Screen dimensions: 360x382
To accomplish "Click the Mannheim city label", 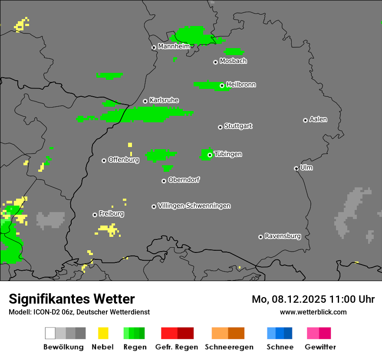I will pyautogui.click(x=174, y=46).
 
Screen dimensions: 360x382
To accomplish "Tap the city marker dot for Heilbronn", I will pyautogui.click(x=222, y=85).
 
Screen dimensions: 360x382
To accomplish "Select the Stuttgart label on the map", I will pyautogui.click(x=238, y=126).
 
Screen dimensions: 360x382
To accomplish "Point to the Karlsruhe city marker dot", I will pyautogui.click(x=145, y=101).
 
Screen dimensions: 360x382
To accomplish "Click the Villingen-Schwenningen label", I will pyautogui.click(x=194, y=206).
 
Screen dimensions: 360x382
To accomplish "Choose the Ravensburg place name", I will pyautogui.click(x=283, y=236).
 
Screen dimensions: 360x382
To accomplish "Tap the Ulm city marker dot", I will pyautogui.click(x=296, y=168).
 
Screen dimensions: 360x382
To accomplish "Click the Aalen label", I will pyautogui.click(x=318, y=119).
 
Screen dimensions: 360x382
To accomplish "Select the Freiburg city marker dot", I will pyautogui.click(x=95, y=215).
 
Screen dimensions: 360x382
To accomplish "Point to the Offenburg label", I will pyautogui.click(x=123, y=160).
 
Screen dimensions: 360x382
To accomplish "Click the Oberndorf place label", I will pyautogui.click(x=184, y=180).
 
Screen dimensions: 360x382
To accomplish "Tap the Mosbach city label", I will pyautogui.click(x=233, y=61).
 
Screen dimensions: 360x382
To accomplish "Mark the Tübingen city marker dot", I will pyautogui.click(x=210, y=155).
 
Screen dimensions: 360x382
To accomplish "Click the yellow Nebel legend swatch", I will pyautogui.click(x=103, y=333).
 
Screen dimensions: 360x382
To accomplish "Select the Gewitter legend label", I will pyautogui.click(x=320, y=347).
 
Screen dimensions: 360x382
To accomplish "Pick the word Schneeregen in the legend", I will pyautogui.click(x=228, y=347).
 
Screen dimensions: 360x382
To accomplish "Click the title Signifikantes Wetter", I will pyautogui.click(x=72, y=299).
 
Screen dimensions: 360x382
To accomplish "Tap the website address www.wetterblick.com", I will pyautogui.click(x=313, y=312).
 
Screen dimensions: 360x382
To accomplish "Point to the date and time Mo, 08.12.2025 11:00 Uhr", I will pyautogui.click(x=313, y=299).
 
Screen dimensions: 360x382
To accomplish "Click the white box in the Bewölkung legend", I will pyautogui.click(x=50, y=333).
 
